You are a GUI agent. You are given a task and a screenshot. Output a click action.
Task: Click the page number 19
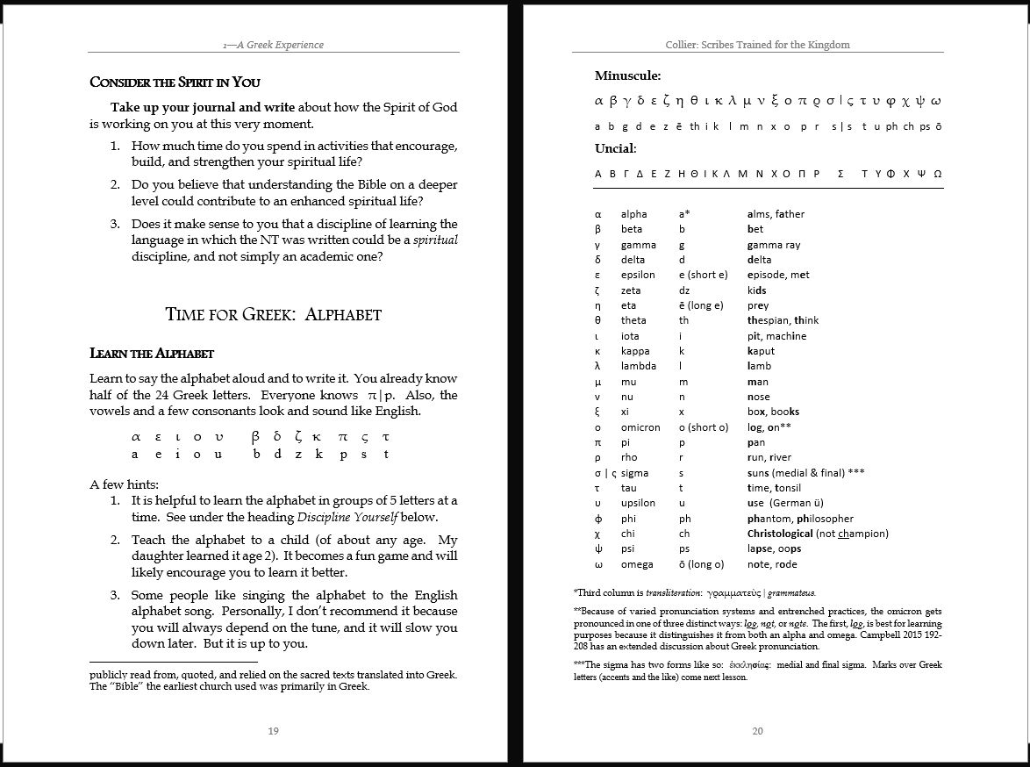click(x=274, y=731)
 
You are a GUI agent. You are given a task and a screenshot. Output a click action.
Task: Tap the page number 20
click(x=758, y=731)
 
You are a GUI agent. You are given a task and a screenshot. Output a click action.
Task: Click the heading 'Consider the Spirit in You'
click(x=175, y=82)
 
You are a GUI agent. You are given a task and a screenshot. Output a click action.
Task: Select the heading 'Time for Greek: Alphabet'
click(x=273, y=314)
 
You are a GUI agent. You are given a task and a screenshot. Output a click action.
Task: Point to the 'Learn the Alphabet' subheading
click(x=152, y=354)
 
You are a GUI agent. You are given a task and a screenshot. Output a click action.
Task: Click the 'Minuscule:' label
click(x=627, y=75)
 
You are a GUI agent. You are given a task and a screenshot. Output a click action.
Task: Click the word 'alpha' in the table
click(x=633, y=214)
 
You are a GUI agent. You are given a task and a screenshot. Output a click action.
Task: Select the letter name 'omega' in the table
click(x=637, y=564)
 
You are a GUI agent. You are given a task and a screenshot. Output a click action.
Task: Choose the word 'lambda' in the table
click(x=638, y=366)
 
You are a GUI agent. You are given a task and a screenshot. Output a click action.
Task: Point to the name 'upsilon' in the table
click(x=638, y=503)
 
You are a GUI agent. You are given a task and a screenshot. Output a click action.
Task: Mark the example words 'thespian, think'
click(x=783, y=320)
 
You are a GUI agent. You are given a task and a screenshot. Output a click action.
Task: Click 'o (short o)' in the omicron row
click(x=703, y=427)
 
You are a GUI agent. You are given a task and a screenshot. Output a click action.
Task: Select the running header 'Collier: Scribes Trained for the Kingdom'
click(x=758, y=45)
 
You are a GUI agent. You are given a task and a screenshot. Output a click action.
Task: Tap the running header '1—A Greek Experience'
click(x=273, y=45)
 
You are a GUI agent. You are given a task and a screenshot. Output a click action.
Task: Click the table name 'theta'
click(x=633, y=320)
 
